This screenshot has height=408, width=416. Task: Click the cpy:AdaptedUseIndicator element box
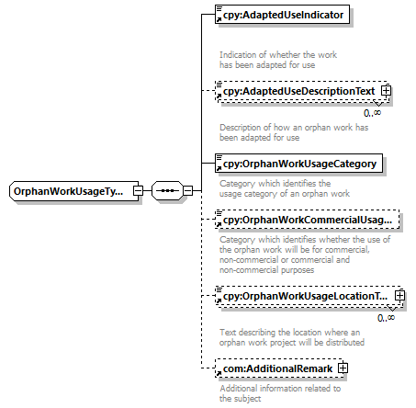[282, 15]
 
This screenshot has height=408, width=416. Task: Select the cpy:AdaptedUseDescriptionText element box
[303, 91]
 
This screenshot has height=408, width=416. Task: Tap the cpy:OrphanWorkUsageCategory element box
[298, 164]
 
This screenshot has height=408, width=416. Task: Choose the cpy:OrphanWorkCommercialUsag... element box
[308, 220]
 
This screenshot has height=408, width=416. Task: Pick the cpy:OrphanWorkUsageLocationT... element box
[309, 296]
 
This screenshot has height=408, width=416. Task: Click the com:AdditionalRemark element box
[279, 368]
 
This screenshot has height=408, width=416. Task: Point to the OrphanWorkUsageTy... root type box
[73, 191]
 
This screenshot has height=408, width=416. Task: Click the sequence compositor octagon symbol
[167, 191]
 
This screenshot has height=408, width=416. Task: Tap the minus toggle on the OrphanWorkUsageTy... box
[138, 191]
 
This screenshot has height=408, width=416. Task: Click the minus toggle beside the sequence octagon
[187, 191]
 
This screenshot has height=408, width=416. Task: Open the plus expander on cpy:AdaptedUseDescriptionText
[386, 91]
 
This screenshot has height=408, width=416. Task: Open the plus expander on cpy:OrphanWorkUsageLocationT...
[399, 296]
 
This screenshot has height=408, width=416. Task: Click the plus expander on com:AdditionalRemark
[343, 368]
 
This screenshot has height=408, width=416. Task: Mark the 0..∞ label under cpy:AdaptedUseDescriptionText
[372, 113]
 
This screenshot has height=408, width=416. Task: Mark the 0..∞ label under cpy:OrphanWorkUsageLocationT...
[386, 318]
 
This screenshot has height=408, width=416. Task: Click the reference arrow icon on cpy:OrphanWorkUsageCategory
[219, 168]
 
